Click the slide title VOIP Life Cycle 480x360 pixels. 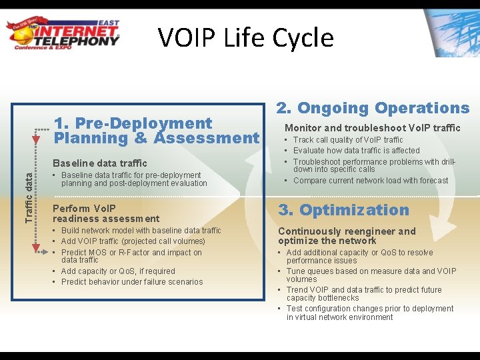(x=245, y=37)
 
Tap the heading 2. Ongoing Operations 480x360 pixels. (x=373, y=108)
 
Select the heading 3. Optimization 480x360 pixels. (x=343, y=210)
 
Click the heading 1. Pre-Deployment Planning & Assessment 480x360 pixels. (x=156, y=131)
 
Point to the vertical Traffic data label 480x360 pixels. (x=28, y=197)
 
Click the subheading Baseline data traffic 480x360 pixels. (x=99, y=163)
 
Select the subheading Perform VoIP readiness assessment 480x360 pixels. (x=105, y=213)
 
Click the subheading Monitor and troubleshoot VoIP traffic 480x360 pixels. (x=372, y=128)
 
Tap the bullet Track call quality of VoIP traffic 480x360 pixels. (x=347, y=140)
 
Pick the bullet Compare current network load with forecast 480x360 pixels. (x=370, y=181)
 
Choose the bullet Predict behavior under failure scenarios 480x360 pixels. (x=131, y=282)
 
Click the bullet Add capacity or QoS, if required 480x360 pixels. (x=117, y=271)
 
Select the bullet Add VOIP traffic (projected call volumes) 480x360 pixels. (x=133, y=241)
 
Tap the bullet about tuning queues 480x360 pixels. (x=371, y=275)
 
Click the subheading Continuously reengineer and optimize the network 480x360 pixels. (x=347, y=236)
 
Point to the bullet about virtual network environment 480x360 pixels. (x=369, y=313)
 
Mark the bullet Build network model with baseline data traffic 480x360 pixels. (x=141, y=231)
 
